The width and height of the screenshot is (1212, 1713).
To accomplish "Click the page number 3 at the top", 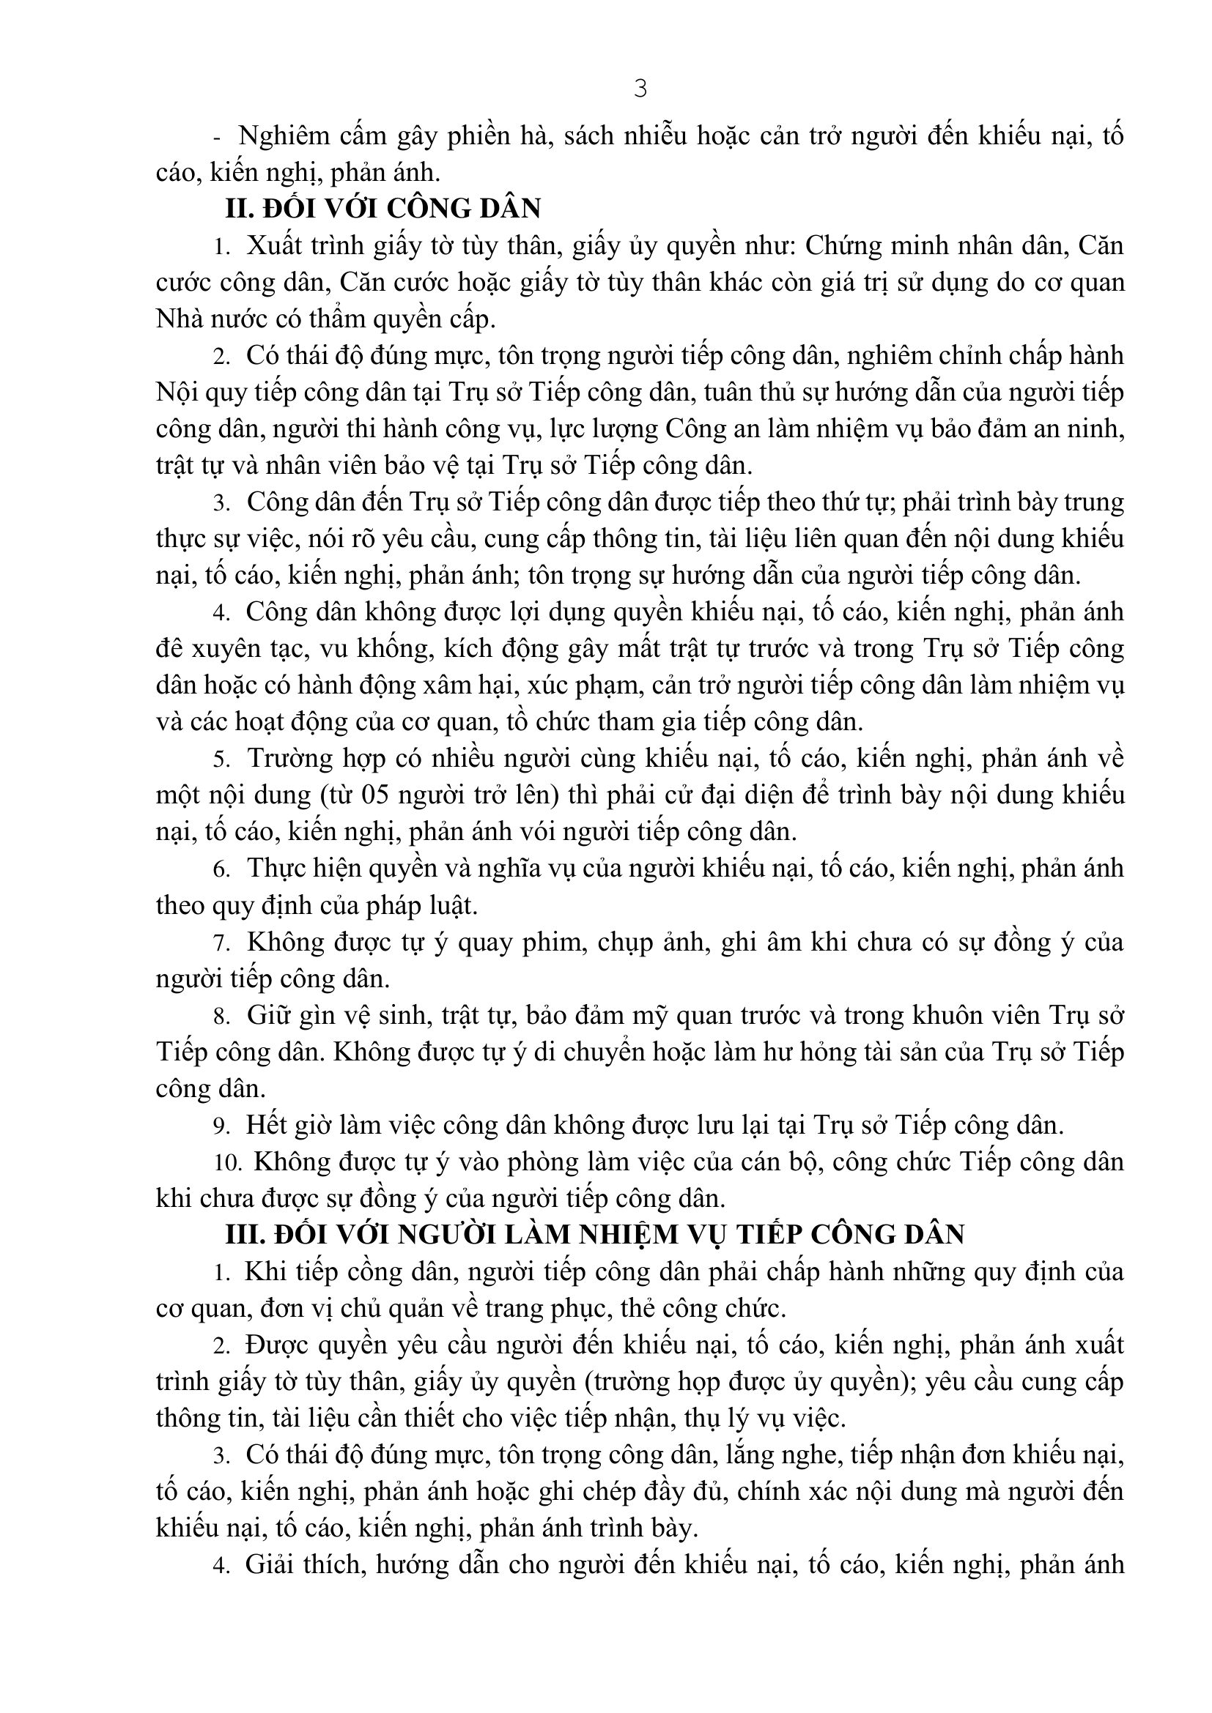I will click(640, 89).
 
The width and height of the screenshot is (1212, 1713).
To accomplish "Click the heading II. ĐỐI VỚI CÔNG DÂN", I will click(383, 209).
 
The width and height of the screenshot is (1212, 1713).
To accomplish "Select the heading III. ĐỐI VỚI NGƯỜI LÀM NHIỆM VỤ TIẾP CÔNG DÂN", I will click(595, 1235).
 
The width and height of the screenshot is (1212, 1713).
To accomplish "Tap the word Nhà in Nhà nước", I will click(178, 319).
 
